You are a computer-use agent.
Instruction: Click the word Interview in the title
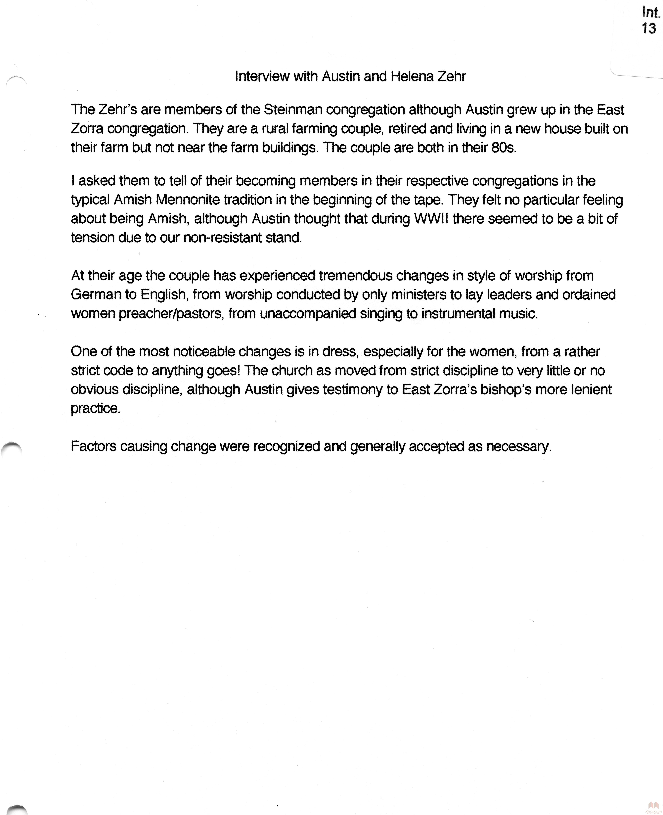(x=262, y=76)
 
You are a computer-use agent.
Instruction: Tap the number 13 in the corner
(x=649, y=28)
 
